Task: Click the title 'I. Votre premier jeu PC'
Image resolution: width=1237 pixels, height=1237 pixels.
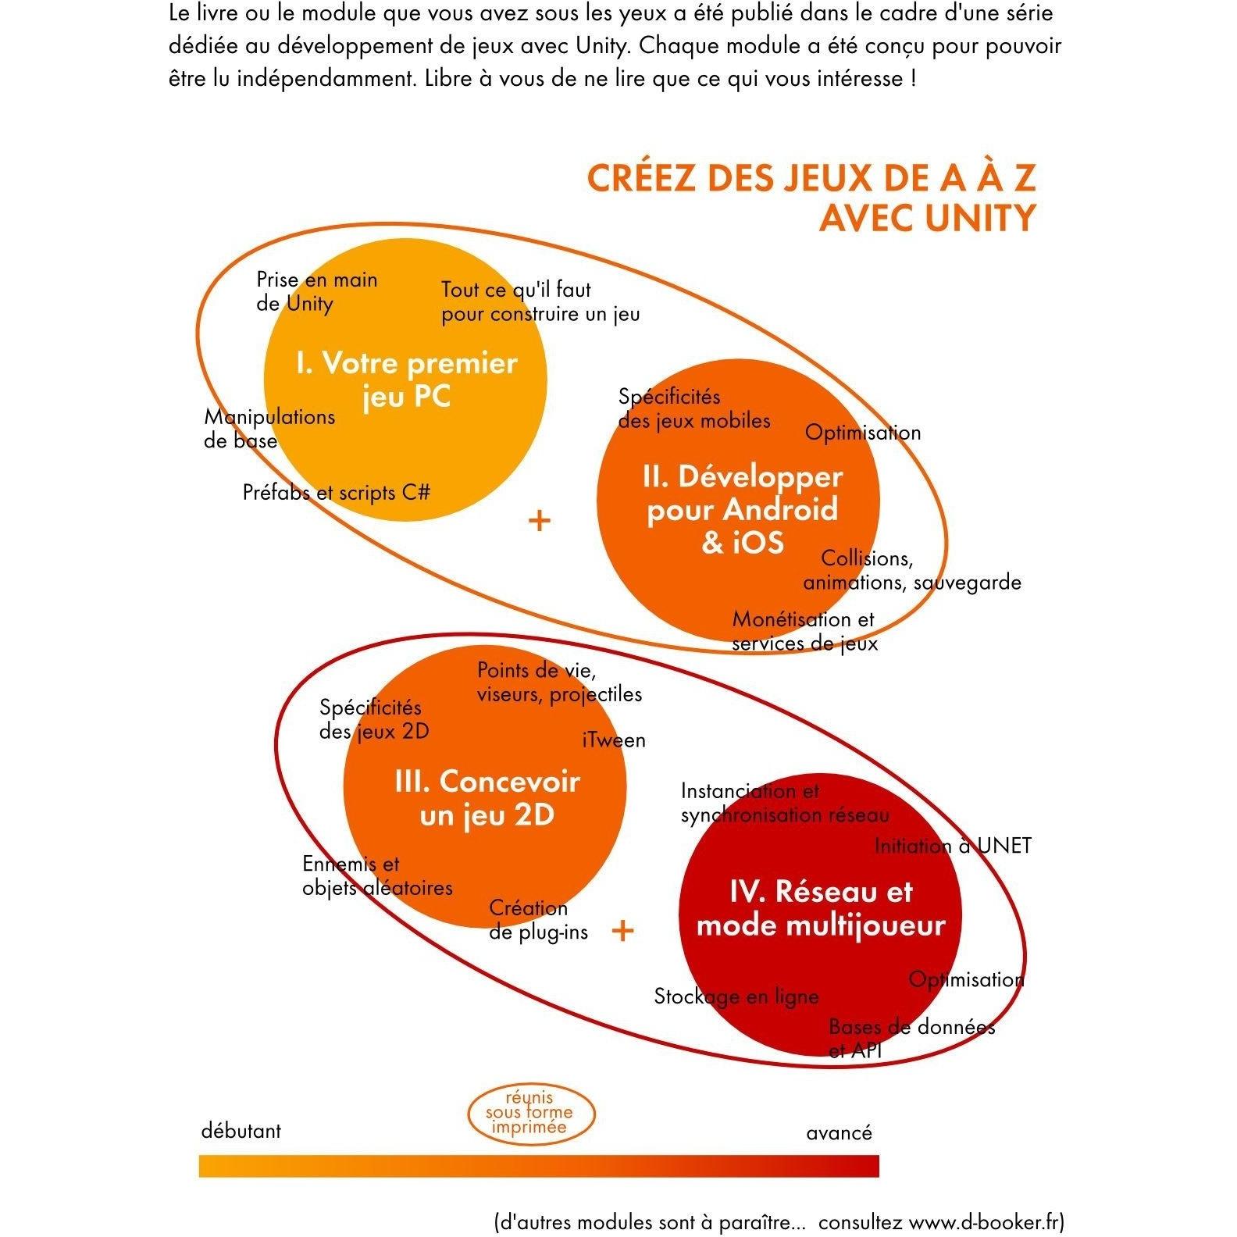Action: tap(406, 380)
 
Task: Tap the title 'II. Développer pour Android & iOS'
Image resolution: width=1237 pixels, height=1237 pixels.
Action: tap(742, 509)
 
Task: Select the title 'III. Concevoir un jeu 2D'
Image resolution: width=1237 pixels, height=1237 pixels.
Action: tap(487, 797)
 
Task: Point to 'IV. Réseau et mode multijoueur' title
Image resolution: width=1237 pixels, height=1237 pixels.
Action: tap(820, 907)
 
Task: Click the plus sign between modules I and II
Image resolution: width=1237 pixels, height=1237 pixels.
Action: tap(540, 520)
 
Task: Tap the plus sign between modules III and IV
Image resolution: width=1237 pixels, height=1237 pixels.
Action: tap(622, 930)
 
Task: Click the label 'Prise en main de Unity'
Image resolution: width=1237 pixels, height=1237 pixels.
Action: tap(316, 291)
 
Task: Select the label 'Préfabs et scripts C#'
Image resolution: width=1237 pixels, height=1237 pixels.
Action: tap(336, 493)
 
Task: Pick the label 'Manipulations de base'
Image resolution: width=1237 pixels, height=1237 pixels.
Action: tap(269, 429)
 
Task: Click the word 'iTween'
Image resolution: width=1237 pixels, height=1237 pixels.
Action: tap(614, 740)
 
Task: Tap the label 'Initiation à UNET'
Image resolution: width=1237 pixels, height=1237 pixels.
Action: tap(952, 846)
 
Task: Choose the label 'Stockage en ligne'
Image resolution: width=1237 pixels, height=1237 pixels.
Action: tap(736, 996)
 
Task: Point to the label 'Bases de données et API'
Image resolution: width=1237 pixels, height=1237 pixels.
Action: tap(911, 1038)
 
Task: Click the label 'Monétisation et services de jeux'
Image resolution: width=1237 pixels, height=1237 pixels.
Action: tap(804, 631)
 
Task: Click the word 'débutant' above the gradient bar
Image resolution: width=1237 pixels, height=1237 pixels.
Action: tap(241, 1131)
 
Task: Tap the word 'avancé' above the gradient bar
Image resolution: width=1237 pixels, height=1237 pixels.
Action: tap(839, 1133)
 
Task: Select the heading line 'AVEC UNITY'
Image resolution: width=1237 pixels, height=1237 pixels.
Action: tap(927, 217)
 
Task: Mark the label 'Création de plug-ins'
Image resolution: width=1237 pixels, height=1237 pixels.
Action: tap(538, 920)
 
